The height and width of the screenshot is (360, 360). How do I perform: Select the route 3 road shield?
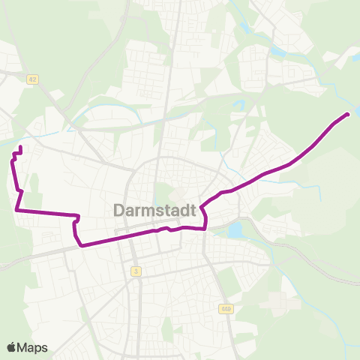click(x=136, y=271)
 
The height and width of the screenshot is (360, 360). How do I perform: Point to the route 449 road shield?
click(x=226, y=308)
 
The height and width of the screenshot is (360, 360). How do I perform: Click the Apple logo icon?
click(x=13, y=347)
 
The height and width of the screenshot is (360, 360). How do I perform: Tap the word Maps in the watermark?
click(x=33, y=347)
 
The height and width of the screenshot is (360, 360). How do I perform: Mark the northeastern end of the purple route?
click(x=347, y=114)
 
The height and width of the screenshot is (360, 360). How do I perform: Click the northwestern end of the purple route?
click(x=19, y=147)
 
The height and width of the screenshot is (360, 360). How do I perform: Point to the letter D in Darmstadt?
click(x=119, y=210)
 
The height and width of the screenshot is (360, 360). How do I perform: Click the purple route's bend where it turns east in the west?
click(x=16, y=211)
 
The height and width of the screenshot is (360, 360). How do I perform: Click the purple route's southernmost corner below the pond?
click(x=205, y=229)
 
